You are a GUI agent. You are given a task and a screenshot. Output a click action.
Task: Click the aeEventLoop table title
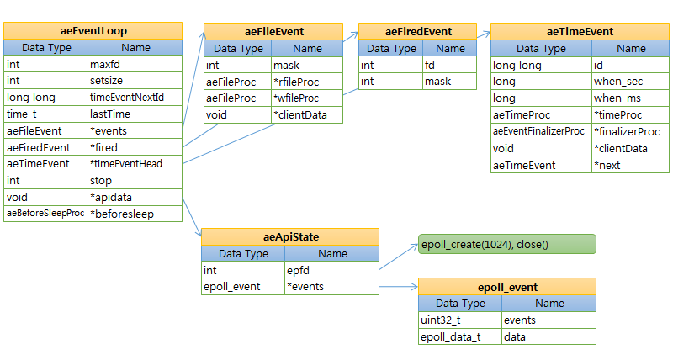[x=93, y=32]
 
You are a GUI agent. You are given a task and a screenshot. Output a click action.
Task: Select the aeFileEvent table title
[x=274, y=32]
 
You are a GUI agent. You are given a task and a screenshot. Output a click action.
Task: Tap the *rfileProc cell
[x=307, y=82]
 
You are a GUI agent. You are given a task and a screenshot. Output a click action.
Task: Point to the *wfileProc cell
[x=307, y=98]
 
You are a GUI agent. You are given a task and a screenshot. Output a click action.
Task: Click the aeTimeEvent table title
[x=580, y=32]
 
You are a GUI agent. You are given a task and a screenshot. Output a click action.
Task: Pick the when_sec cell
[x=631, y=82]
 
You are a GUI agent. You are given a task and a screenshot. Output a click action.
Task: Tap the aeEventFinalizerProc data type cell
[x=541, y=131]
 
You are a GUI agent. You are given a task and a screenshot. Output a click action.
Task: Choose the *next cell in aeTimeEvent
[x=631, y=165]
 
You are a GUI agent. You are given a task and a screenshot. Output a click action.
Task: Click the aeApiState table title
[x=289, y=237]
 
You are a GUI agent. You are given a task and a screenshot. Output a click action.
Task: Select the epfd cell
[x=332, y=270]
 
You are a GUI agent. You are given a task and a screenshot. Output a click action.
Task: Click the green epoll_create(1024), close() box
[x=506, y=244]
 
